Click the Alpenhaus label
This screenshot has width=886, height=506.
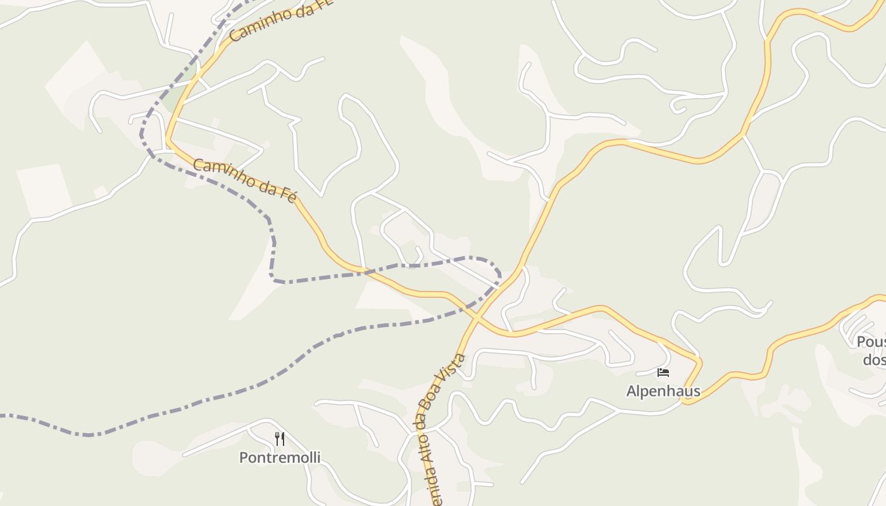663,391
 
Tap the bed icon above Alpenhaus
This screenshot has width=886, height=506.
663,373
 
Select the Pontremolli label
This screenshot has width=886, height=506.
280,457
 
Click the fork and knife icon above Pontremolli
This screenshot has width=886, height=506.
279,438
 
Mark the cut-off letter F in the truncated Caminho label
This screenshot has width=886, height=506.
325,3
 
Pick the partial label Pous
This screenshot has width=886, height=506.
871,342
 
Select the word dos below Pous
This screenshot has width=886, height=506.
873,360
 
